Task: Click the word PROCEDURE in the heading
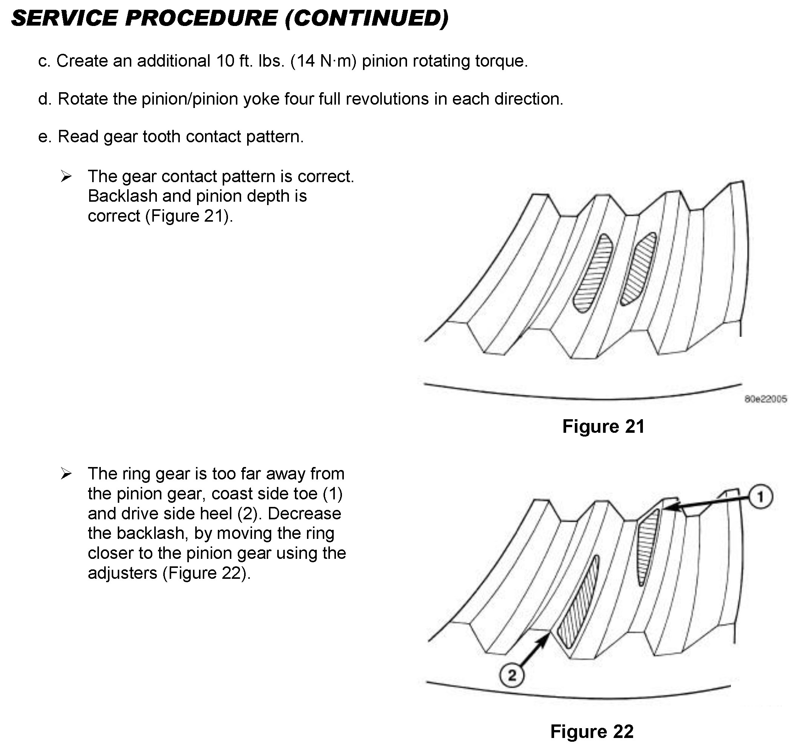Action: [201, 18]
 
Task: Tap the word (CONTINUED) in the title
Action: [366, 19]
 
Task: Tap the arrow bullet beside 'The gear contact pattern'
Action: [66, 176]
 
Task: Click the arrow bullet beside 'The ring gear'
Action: [66, 474]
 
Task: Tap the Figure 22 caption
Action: [592, 731]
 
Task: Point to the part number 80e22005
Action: [766, 399]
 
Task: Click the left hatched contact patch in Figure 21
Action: [592, 273]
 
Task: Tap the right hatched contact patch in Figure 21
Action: [639, 269]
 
